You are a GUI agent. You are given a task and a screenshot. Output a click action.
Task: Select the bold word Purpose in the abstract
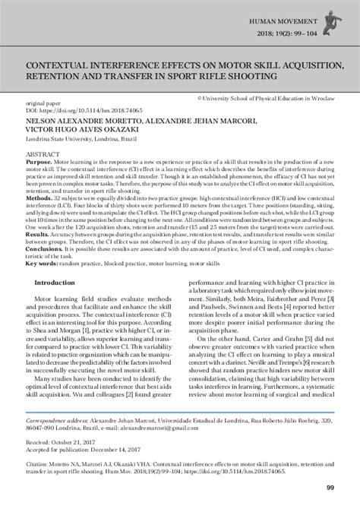click(x=39, y=162)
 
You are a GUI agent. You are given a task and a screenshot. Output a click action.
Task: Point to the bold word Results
click(x=37, y=235)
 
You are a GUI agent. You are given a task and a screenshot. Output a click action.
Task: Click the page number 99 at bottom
click(x=330, y=487)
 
